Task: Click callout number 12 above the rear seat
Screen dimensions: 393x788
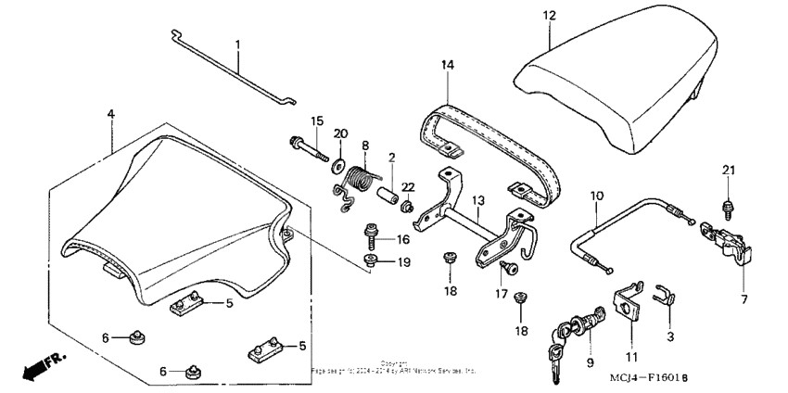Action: click(x=548, y=16)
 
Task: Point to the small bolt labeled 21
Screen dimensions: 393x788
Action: click(x=728, y=197)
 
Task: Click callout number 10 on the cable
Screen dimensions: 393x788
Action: click(x=596, y=196)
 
